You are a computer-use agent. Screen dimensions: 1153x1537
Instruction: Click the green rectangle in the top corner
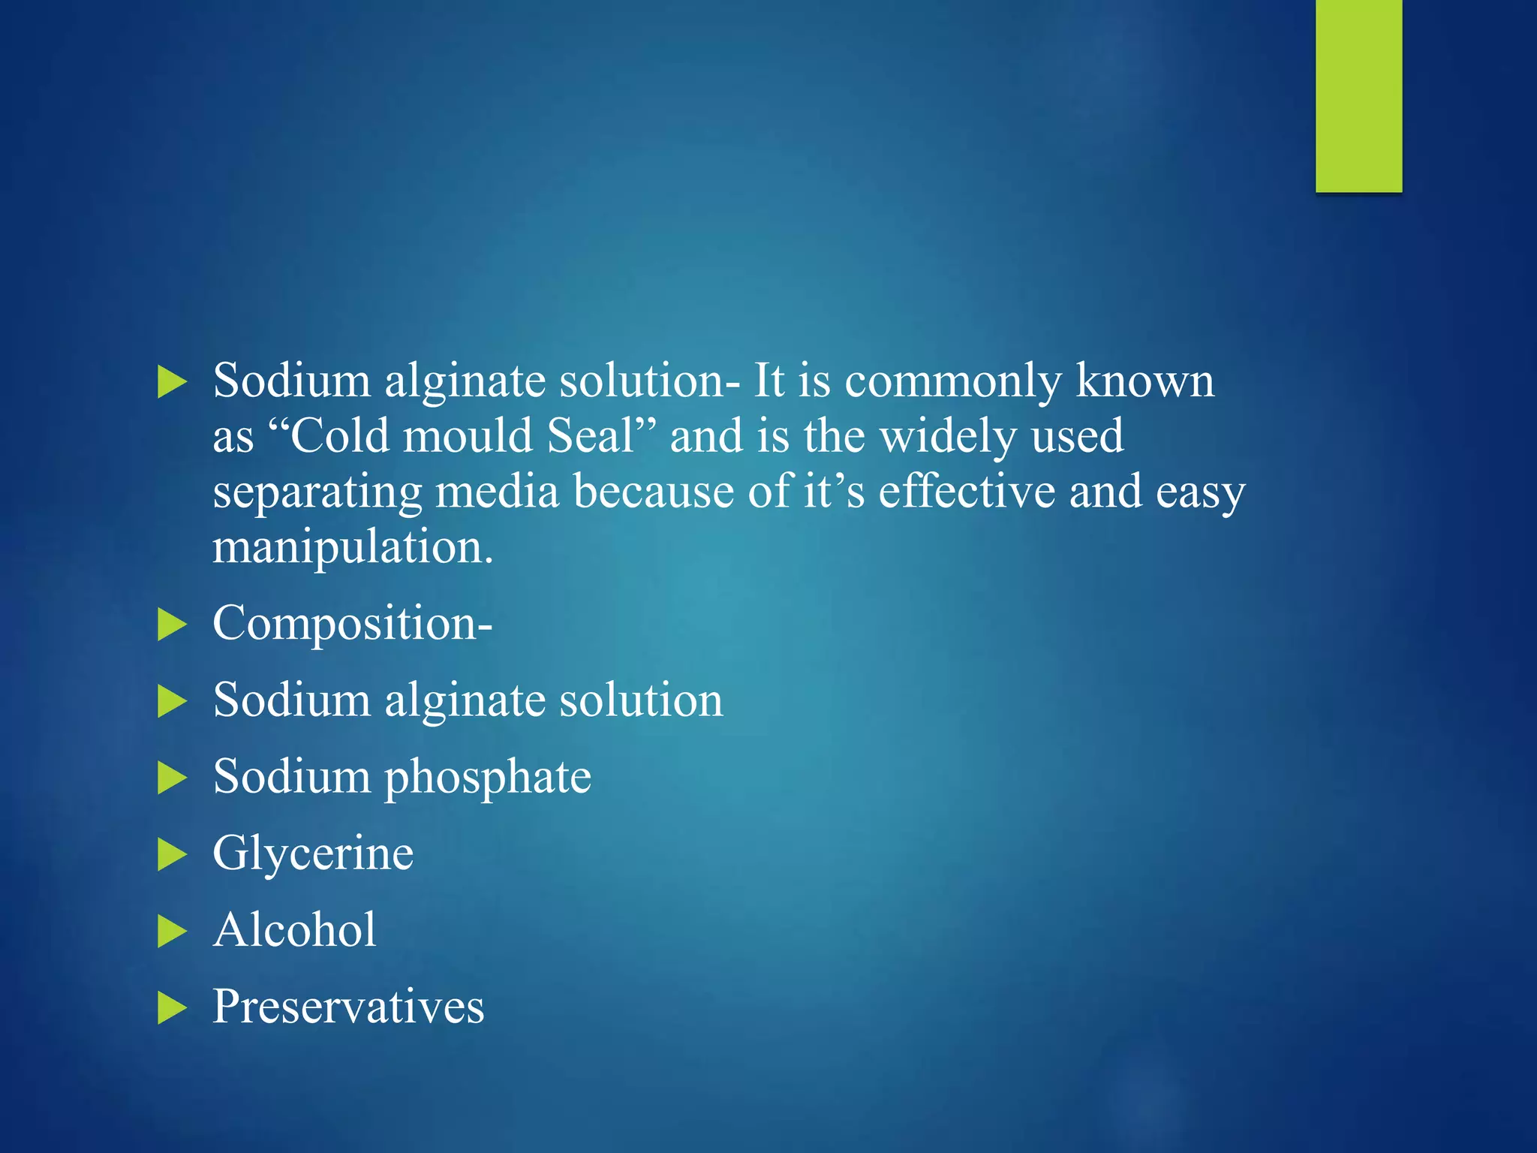click(x=1358, y=95)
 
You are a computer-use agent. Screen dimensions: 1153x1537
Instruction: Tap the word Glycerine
click(x=313, y=853)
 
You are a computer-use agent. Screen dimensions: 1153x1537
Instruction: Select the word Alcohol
click(x=295, y=929)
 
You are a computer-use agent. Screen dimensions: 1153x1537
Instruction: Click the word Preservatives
click(x=348, y=1006)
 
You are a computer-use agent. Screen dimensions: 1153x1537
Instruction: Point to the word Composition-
click(x=353, y=623)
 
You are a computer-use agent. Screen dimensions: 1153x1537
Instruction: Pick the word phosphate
click(x=488, y=777)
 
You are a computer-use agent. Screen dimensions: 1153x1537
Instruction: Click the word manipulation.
click(x=353, y=546)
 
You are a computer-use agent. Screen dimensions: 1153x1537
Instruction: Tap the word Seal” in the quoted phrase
click(x=602, y=435)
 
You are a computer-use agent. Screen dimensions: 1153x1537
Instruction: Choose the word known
click(x=1145, y=381)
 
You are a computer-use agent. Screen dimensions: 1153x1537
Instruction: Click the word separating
click(x=317, y=492)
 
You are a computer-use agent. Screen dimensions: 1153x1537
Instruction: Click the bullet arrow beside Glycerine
click(x=172, y=855)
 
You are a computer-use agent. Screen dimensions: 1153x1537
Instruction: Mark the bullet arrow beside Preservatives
click(x=172, y=1008)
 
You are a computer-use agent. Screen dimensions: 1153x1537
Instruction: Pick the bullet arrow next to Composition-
click(x=172, y=625)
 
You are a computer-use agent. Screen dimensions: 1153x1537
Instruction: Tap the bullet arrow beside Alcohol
click(x=172, y=932)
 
